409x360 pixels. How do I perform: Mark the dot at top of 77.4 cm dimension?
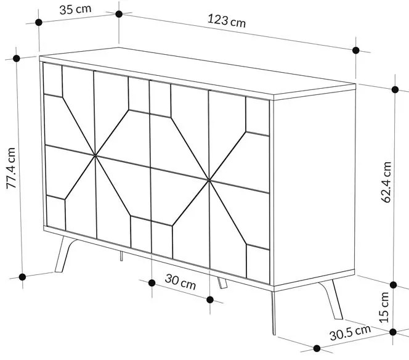(16, 59)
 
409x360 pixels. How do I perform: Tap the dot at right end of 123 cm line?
(355, 51)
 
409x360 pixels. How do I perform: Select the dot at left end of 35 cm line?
(39, 22)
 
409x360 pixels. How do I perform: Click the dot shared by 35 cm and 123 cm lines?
(119, 13)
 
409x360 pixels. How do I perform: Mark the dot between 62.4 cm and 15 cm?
(394, 284)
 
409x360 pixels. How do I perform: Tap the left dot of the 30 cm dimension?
(152, 282)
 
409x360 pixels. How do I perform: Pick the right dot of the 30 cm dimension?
(209, 300)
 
